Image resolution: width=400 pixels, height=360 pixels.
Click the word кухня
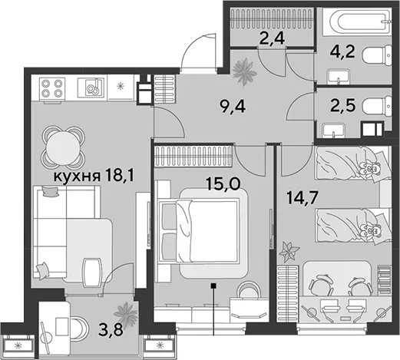(77, 177)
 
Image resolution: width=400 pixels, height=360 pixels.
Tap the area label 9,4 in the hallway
(233, 107)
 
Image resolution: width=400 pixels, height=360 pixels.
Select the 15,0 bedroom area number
(223, 184)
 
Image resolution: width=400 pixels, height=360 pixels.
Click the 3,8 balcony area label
(111, 330)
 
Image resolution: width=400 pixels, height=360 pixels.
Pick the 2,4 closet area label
(272, 39)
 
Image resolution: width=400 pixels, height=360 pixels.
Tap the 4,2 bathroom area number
(342, 52)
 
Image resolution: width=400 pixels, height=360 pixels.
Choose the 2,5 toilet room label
(342, 106)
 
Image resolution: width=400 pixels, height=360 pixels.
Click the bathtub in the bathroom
(357, 21)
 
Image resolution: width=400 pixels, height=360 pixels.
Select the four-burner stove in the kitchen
(52, 88)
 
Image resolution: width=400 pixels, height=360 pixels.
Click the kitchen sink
(91, 88)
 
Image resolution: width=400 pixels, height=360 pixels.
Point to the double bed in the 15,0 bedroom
(199, 231)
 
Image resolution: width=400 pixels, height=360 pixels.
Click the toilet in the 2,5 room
(377, 106)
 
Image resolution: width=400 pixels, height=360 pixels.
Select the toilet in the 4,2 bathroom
(377, 55)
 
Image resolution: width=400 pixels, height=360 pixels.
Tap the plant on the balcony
(126, 314)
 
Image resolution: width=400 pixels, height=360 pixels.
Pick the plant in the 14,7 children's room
(289, 252)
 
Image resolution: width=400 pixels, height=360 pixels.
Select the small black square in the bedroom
(213, 286)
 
